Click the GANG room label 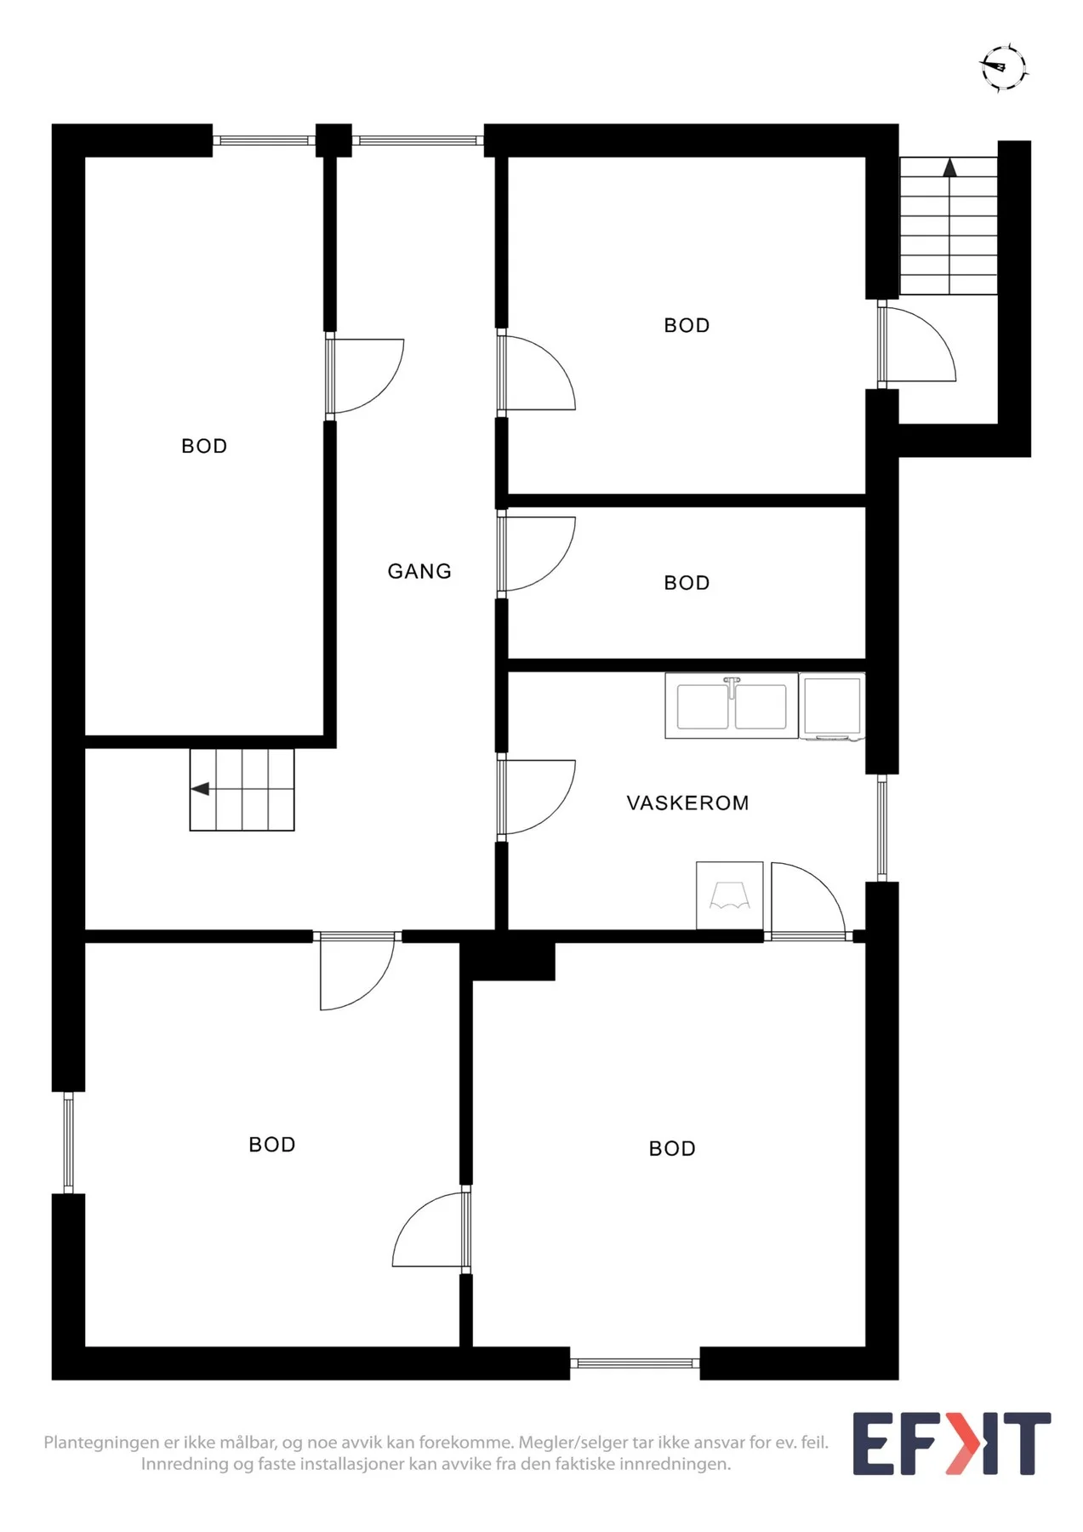pos(419,571)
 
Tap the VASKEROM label pos(687,803)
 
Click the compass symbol pos(1004,67)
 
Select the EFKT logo pos(952,1443)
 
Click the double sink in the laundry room pos(732,706)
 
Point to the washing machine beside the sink pos(832,706)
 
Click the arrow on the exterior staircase pos(949,168)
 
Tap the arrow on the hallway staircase pos(200,789)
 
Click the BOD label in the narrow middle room pos(687,583)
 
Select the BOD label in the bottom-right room pos(672,1149)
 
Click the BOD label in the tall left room pos(204,446)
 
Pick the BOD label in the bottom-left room pos(272,1145)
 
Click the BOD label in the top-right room pos(687,325)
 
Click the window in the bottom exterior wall pos(635,1363)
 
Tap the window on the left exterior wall pos(69,1142)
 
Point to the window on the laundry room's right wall pos(882,828)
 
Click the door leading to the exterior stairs pos(917,345)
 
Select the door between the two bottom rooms pos(430,1229)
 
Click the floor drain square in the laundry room pos(730,895)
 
